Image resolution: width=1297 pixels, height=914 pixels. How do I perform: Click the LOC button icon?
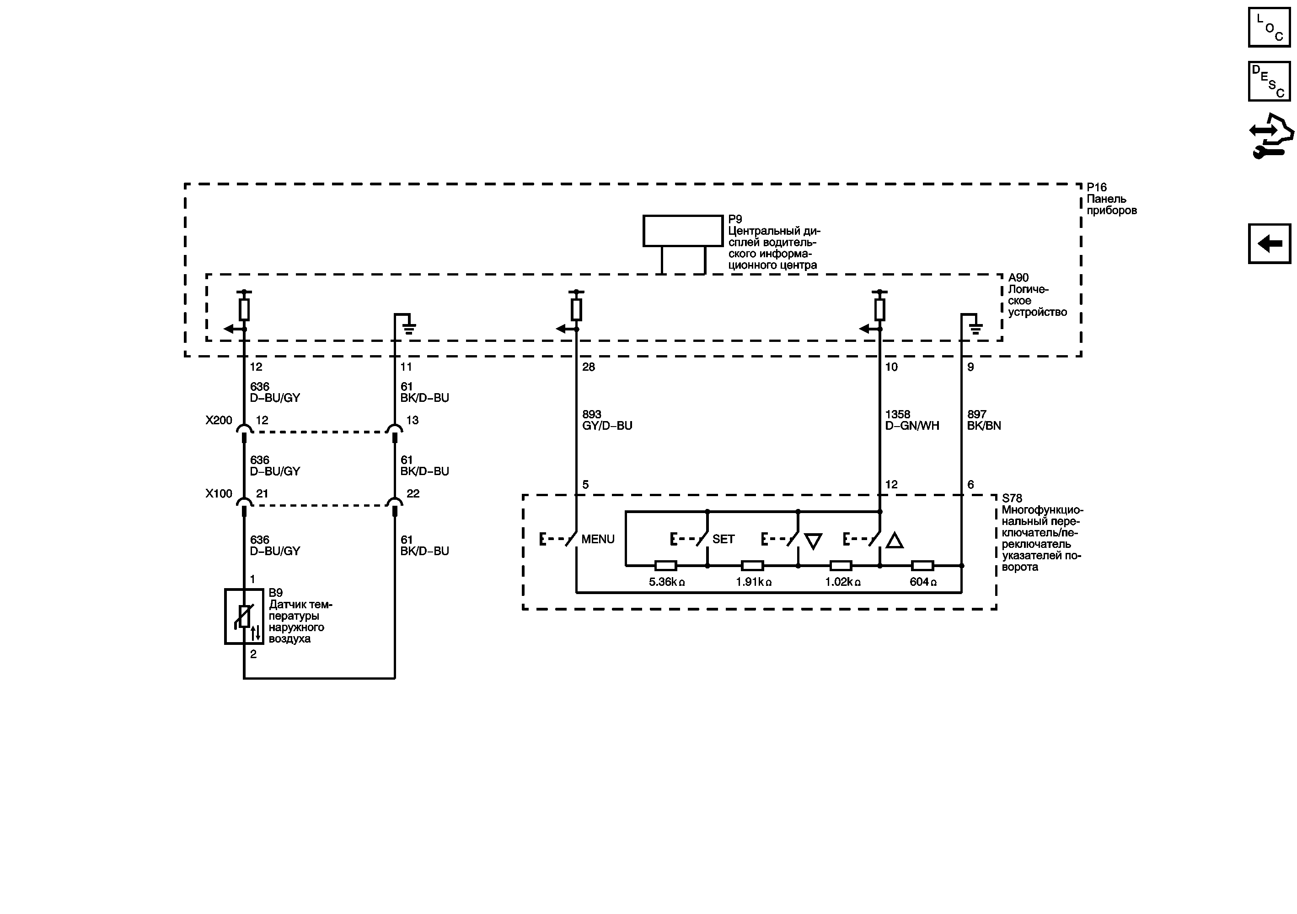[x=1269, y=27]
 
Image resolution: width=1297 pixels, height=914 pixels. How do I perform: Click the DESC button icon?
[x=1269, y=81]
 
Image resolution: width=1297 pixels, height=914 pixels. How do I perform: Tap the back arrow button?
[x=1269, y=243]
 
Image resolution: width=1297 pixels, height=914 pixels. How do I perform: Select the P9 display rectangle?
[x=682, y=231]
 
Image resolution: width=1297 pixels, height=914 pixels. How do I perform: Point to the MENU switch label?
[x=598, y=539]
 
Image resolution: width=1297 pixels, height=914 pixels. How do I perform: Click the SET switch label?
[x=723, y=539]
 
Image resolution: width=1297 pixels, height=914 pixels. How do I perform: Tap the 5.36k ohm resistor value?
[x=667, y=582]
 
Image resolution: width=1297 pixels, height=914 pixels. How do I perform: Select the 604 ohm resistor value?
[x=922, y=582]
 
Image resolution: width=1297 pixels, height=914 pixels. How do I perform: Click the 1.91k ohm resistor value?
[x=753, y=582]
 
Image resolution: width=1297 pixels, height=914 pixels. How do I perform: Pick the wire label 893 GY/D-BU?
[x=607, y=420]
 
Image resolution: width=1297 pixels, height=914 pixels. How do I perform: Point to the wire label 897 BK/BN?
[x=983, y=420]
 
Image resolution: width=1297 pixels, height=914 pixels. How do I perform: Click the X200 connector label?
[x=219, y=421]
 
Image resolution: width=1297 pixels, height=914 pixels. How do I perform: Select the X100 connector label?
[x=219, y=494]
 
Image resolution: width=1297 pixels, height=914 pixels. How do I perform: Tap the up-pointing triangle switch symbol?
[x=894, y=541]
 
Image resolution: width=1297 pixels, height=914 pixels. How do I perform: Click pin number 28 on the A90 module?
[x=589, y=368]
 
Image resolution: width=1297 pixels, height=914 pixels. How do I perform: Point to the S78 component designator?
[x=1012, y=498]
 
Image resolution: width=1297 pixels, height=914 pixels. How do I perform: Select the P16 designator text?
[x=1097, y=188]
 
